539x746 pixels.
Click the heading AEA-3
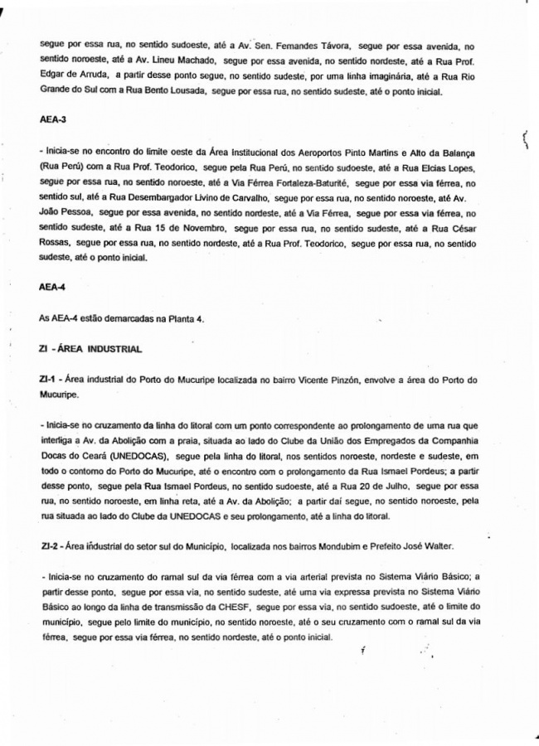(53, 119)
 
